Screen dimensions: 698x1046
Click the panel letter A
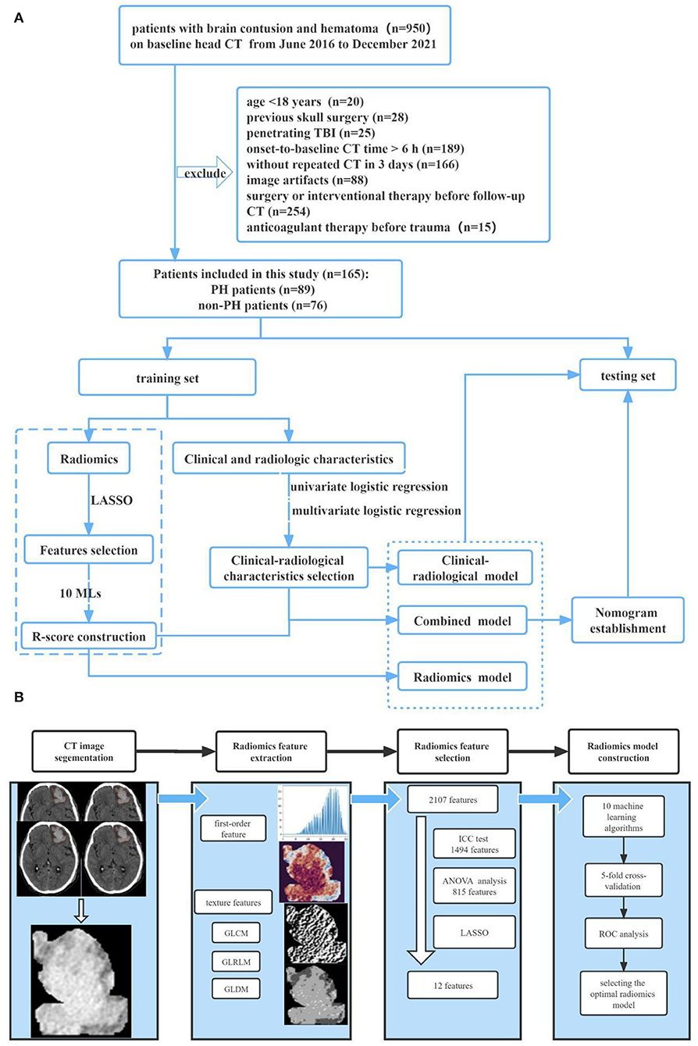(19, 19)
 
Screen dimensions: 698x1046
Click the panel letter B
(19, 697)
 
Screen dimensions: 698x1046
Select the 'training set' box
(167, 377)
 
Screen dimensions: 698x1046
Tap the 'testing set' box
(628, 375)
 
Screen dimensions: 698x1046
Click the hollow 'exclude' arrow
(205, 173)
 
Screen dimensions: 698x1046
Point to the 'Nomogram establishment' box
(628, 620)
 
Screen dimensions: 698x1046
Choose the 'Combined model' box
(462, 620)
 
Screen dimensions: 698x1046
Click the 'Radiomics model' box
(462, 677)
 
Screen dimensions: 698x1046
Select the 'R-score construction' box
(89, 636)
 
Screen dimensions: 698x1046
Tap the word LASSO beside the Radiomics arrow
(112, 500)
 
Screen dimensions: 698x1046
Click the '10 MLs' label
(80, 593)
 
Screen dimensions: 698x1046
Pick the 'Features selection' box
(89, 549)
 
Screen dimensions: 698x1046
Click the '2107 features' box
(453, 799)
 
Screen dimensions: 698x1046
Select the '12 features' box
(453, 985)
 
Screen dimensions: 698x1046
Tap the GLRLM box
(236, 962)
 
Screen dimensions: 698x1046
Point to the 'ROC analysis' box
(623, 934)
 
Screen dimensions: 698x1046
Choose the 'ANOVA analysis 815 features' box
(474, 886)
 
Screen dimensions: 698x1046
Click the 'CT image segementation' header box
(84, 751)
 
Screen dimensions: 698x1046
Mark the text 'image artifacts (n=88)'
(307, 180)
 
